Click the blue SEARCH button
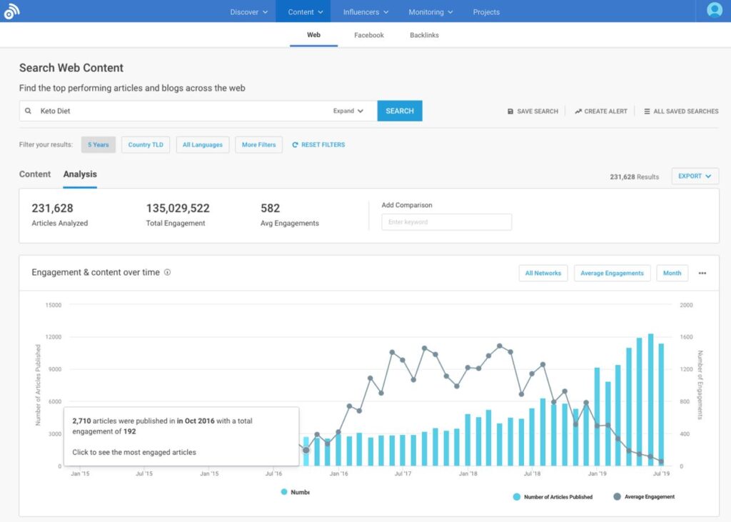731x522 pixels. [x=400, y=111]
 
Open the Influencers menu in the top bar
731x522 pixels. [x=365, y=12]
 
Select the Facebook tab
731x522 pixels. [x=368, y=35]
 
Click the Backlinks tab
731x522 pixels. [x=424, y=35]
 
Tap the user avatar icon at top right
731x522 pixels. [x=714, y=11]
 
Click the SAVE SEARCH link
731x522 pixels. [x=533, y=111]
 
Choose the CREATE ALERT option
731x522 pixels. [x=601, y=111]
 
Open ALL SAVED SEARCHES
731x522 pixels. [x=681, y=111]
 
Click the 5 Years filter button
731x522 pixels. [x=99, y=145]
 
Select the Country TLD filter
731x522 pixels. [x=146, y=145]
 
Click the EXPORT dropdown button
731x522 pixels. [x=695, y=176]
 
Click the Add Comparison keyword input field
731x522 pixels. [x=446, y=222]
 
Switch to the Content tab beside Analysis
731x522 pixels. [x=35, y=174]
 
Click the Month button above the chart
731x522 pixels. [x=672, y=273]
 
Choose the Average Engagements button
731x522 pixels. [x=612, y=273]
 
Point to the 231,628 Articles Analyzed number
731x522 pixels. [x=52, y=209]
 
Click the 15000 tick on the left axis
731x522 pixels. [x=53, y=305]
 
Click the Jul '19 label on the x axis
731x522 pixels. [x=661, y=473]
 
